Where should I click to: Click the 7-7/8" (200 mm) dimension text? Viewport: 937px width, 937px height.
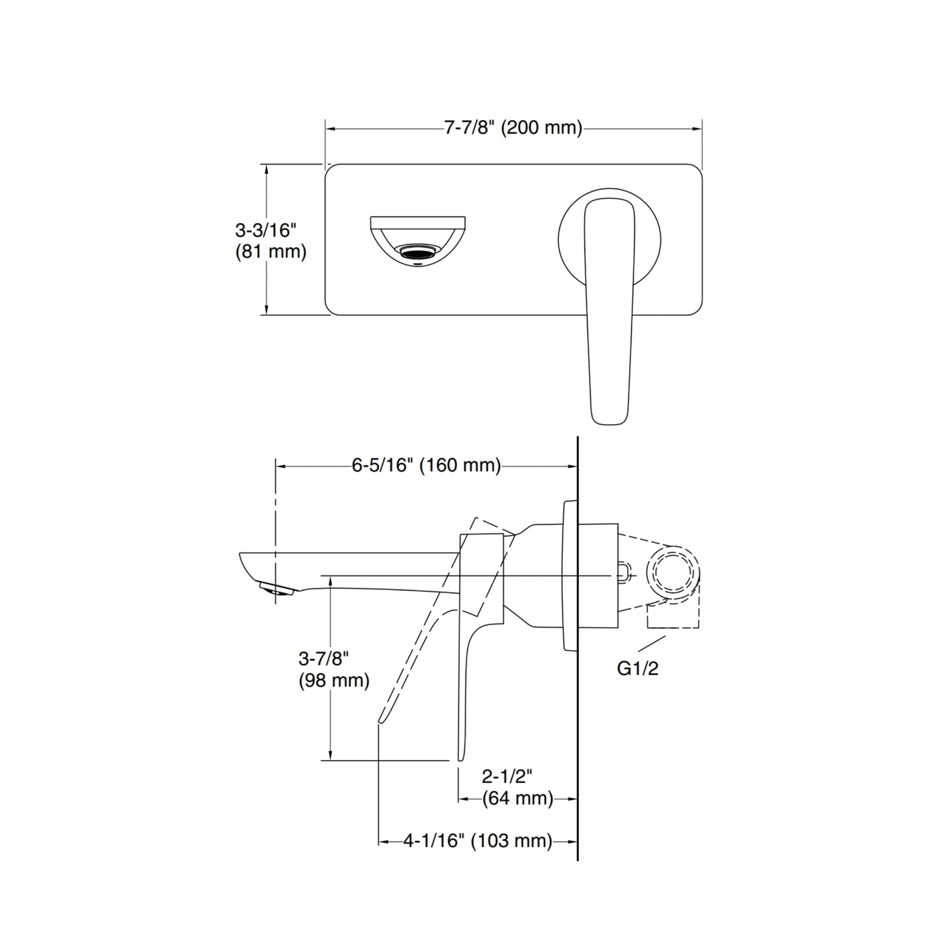(513, 128)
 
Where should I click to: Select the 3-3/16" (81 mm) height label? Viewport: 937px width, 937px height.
(270, 241)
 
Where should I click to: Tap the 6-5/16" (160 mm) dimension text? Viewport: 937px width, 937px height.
(426, 466)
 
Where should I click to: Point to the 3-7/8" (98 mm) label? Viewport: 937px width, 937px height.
(333, 669)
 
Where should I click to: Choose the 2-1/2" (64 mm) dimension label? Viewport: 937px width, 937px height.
(517, 787)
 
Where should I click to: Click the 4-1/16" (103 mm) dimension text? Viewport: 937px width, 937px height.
(477, 841)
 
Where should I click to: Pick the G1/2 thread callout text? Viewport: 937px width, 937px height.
(637, 669)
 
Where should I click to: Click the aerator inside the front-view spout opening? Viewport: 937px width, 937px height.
(418, 252)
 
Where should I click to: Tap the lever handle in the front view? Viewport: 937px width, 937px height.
(610, 311)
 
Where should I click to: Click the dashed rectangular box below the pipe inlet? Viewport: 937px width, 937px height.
(672, 617)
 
